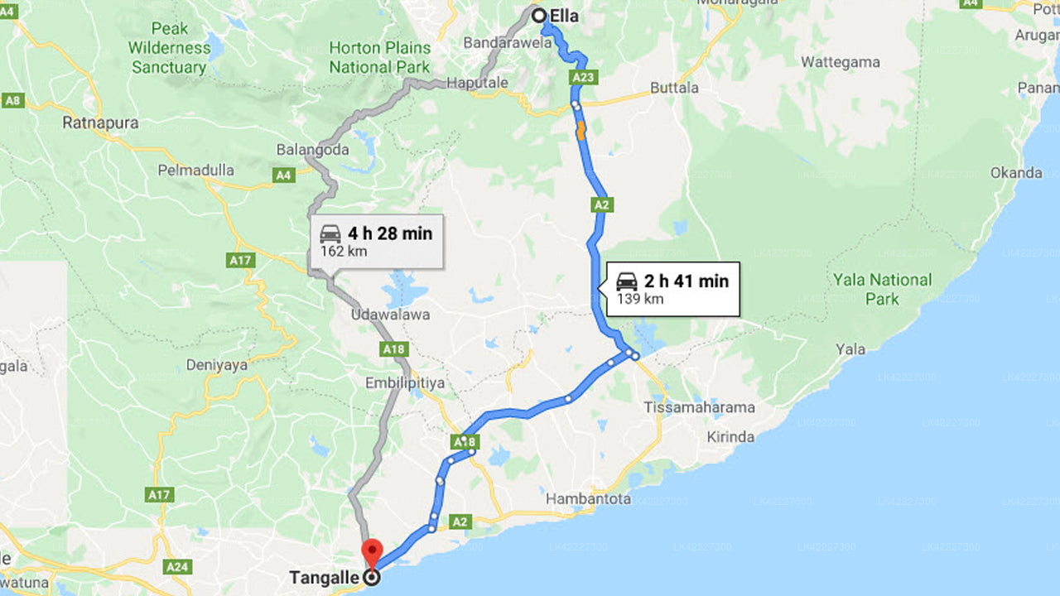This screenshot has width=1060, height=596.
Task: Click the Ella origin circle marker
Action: coord(538,15)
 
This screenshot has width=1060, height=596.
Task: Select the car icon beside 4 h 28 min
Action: coord(330,233)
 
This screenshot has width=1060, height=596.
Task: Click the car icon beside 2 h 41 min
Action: coord(627,281)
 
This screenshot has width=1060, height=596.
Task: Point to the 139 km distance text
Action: coord(640,299)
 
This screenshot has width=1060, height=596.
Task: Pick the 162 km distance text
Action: coord(344,251)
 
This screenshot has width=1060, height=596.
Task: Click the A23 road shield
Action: coord(583,78)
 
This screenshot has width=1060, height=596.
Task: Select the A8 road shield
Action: coord(12,101)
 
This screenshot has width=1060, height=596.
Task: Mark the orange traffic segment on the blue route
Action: coord(581,129)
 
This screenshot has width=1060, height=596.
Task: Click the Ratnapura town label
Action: coord(100,123)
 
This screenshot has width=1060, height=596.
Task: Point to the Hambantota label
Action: coord(588,499)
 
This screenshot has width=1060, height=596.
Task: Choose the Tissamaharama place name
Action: coord(700,407)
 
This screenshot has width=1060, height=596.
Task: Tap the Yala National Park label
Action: coord(882,289)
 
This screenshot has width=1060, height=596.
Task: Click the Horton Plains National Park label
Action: coord(380,57)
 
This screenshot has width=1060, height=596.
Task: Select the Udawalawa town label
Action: coord(390,315)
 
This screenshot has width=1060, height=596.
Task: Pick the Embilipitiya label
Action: coord(405,383)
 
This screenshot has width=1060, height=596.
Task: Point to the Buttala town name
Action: coord(674,88)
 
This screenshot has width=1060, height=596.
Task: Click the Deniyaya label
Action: coord(217,364)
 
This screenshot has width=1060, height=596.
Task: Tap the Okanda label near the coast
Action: coord(1016,173)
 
